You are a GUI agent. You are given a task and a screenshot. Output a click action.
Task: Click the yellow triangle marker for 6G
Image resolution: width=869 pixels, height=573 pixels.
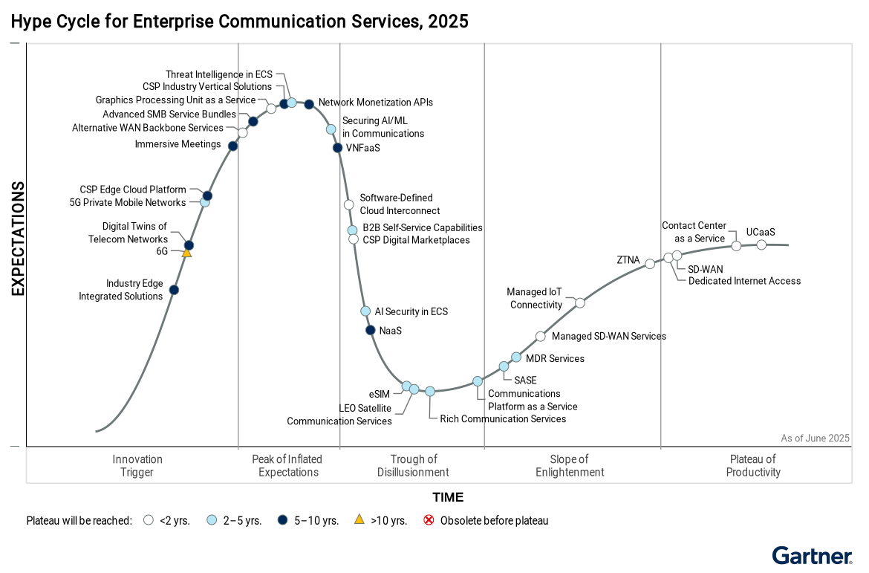click(x=186, y=253)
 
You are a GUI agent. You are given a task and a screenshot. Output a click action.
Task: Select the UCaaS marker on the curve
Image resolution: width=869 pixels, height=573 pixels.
click(x=761, y=245)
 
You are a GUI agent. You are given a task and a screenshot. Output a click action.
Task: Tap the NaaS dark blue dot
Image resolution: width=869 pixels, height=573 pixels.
click(x=371, y=330)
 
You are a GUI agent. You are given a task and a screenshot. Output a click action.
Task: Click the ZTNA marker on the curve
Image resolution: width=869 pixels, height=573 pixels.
click(x=650, y=264)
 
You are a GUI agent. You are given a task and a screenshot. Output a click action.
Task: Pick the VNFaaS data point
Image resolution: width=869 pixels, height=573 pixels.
click(x=338, y=147)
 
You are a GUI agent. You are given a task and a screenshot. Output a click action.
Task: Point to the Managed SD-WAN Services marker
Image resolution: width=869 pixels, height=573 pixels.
click(x=541, y=336)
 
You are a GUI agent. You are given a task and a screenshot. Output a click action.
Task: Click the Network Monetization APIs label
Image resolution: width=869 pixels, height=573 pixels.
click(x=375, y=103)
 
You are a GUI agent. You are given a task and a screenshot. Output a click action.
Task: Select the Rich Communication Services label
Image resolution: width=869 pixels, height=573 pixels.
click(x=503, y=419)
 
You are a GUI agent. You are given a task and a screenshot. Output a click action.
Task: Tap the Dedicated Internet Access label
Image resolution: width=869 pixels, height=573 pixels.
click(x=744, y=281)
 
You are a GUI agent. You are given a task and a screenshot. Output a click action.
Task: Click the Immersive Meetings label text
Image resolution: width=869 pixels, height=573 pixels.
click(x=178, y=144)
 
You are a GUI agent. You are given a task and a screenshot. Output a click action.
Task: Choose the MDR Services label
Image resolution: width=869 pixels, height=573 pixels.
click(x=555, y=359)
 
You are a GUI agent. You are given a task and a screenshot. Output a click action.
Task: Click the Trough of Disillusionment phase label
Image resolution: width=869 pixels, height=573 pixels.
click(x=413, y=466)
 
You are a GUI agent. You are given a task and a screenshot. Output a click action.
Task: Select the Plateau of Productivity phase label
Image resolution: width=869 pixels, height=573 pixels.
click(x=753, y=466)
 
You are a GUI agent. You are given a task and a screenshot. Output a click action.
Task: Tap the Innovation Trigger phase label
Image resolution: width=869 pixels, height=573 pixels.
click(x=137, y=466)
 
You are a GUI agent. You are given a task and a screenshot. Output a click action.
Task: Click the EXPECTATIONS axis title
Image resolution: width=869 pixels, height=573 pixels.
click(x=18, y=239)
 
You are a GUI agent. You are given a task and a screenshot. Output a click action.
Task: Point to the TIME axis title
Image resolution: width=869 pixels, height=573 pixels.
click(x=448, y=497)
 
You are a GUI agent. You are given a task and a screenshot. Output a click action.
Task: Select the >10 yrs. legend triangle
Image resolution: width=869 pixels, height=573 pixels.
click(x=359, y=519)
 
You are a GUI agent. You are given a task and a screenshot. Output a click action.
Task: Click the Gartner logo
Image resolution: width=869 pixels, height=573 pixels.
click(x=812, y=555)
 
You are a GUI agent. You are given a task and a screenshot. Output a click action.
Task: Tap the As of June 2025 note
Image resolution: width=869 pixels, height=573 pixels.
click(x=815, y=438)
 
